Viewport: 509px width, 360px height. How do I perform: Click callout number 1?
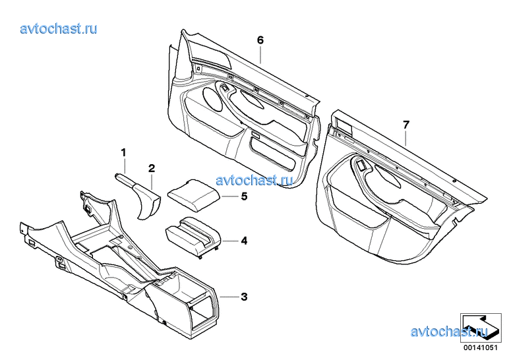click(x=123, y=152)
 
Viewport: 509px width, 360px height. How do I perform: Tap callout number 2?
click(x=152, y=168)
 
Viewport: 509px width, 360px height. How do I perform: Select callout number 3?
click(x=244, y=297)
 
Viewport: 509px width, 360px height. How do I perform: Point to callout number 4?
click(x=244, y=241)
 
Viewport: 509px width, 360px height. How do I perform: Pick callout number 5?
click(x=244, y=196)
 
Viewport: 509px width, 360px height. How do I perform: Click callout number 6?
click(x=260, y=40)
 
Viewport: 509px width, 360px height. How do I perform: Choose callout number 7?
click(x=406, y=125)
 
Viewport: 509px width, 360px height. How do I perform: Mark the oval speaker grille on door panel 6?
click(x=212, y=100)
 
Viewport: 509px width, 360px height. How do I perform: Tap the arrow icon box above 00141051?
click(x=481, y=327)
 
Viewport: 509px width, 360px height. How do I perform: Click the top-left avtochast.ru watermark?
click(x=59, y=29)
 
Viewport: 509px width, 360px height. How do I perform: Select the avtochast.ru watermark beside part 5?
click(x=254, y=180)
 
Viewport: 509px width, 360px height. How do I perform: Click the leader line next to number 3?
click(x=229, y=297)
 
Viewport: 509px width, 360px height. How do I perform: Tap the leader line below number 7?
click(x=405, y=137)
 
